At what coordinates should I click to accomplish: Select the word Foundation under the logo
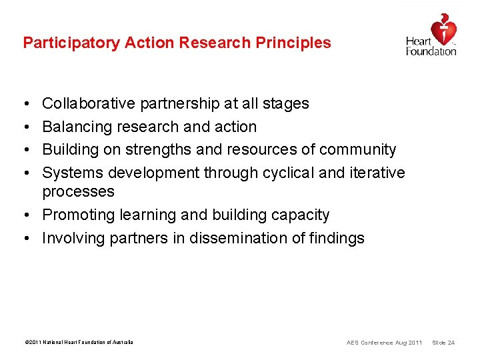(x=431, y=51)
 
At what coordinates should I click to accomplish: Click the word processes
(x=78, y=192)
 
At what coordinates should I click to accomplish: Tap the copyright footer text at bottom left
(x=78, y=342)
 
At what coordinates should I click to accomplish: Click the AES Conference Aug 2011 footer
(x=384, y=343)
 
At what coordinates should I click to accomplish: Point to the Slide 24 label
(x=443, y=343)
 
